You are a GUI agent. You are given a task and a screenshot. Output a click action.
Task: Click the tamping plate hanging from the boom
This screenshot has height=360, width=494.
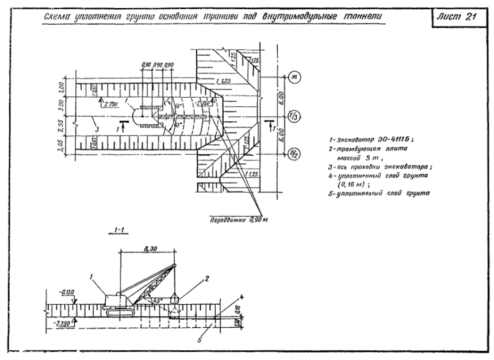(175, 298)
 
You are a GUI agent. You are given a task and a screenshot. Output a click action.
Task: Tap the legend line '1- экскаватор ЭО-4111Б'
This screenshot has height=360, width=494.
(362, 139)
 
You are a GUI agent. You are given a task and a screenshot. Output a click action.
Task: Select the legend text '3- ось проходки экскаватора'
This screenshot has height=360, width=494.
(380, 167)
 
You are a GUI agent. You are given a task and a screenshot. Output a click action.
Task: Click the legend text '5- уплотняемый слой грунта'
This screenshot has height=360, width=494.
(377, 193)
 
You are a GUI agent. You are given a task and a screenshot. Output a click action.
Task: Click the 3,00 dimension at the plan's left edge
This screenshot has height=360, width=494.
(62, 106)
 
